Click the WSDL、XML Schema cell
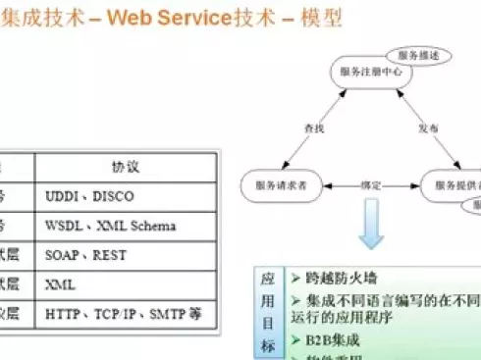111,226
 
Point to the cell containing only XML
61,284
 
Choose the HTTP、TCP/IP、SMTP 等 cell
123,314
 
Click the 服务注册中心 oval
365,72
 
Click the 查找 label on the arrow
312,129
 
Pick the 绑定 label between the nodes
372,184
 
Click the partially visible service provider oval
454,184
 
